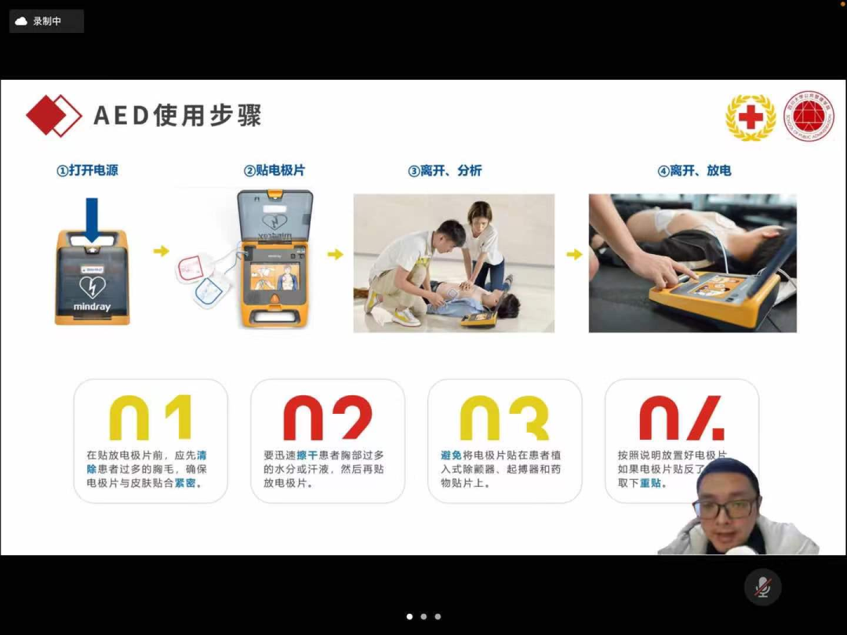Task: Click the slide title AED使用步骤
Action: point(177,115)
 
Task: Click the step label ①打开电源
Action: point(87,170)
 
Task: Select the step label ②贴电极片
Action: point(274,170)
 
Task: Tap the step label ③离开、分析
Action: point(445,171)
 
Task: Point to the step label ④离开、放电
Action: point(694,170)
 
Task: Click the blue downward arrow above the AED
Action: point(92,219)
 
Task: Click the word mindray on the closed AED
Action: point(92,307)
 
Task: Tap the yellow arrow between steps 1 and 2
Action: point(161,251)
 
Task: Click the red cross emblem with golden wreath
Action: point(751,118)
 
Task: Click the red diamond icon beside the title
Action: point(53,115)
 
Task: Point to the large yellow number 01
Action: point(151,417)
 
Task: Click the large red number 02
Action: point(328,417)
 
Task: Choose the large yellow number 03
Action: point(504,417)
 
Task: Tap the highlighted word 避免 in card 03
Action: point(451,455)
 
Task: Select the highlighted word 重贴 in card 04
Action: point(650,484)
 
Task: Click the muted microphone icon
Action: point(762,587)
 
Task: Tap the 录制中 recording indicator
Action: point(46,21)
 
